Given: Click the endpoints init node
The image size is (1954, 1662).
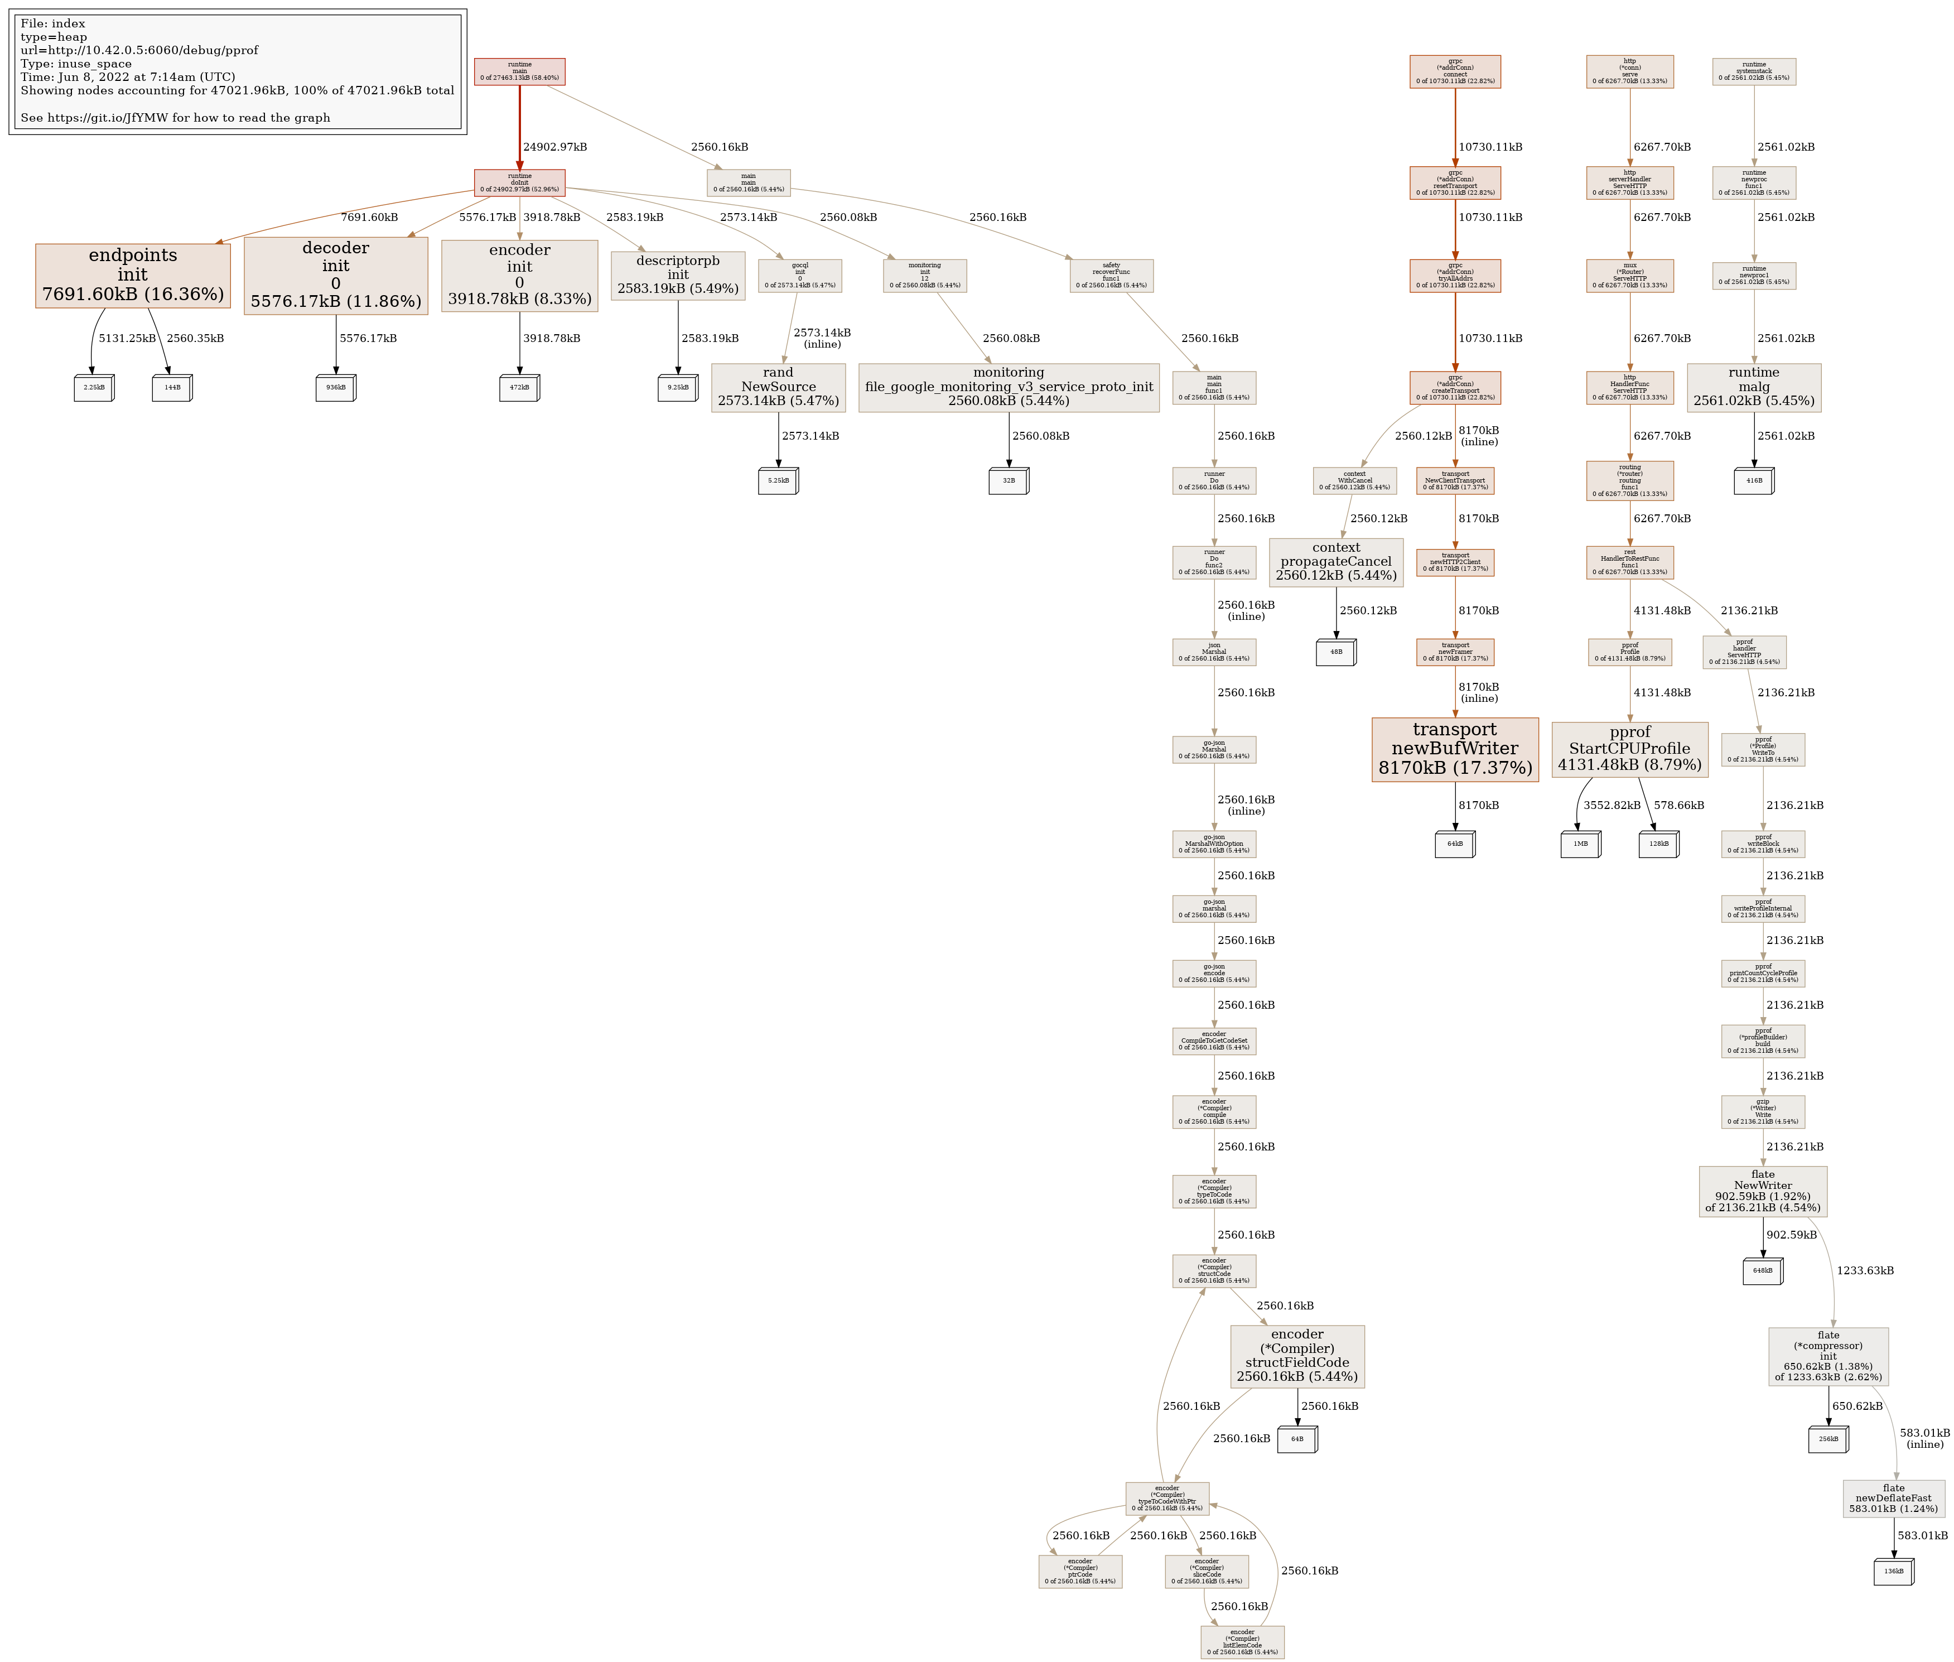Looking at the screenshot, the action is point(133,275).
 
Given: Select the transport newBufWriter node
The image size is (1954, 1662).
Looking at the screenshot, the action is point(1455,749).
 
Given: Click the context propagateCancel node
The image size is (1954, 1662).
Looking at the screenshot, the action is point(1336,562).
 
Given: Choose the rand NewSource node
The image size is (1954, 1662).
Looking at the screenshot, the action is point(778,387).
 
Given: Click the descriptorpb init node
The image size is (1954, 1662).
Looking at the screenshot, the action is point(677,275).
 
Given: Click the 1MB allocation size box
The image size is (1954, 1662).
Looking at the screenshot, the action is point(1580,844).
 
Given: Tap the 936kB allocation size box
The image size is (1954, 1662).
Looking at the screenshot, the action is point(335,387).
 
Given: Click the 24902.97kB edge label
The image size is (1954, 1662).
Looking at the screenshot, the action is point(555,147).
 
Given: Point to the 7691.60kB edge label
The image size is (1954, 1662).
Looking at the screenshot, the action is point(369,218).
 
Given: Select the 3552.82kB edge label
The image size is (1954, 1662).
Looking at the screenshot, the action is point(1612,806).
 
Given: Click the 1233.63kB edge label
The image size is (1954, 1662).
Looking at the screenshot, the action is point(1865,1271).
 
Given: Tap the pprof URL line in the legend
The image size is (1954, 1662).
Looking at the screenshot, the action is point(139,51).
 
